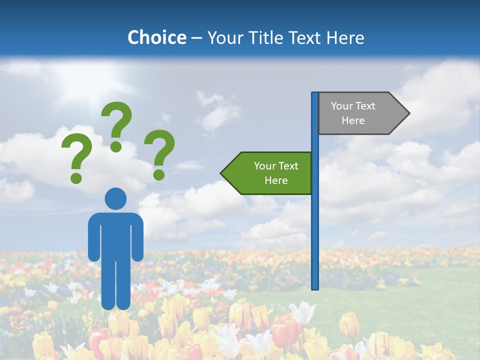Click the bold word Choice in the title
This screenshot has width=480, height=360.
click(156, 37)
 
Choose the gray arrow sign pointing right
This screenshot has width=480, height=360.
click(360, 113)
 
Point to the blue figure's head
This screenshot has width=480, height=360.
click(115, 198)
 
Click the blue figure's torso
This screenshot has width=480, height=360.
click(115, 235)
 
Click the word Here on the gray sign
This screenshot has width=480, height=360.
click(353, 120)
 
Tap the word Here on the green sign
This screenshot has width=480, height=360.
click(276, 180)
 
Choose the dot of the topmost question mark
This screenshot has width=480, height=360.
click(116, 146)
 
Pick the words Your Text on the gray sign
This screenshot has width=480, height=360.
click(353, 106)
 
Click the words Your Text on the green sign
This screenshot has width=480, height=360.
click(276, 166)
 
